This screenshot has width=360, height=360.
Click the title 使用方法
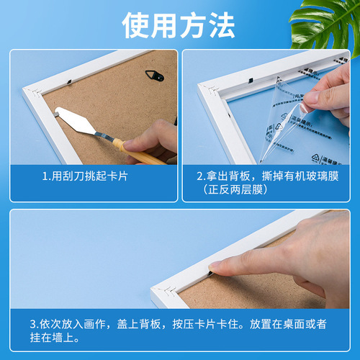179,26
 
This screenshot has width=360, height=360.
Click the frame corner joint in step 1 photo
31,92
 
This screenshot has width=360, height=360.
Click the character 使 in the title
136,26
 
